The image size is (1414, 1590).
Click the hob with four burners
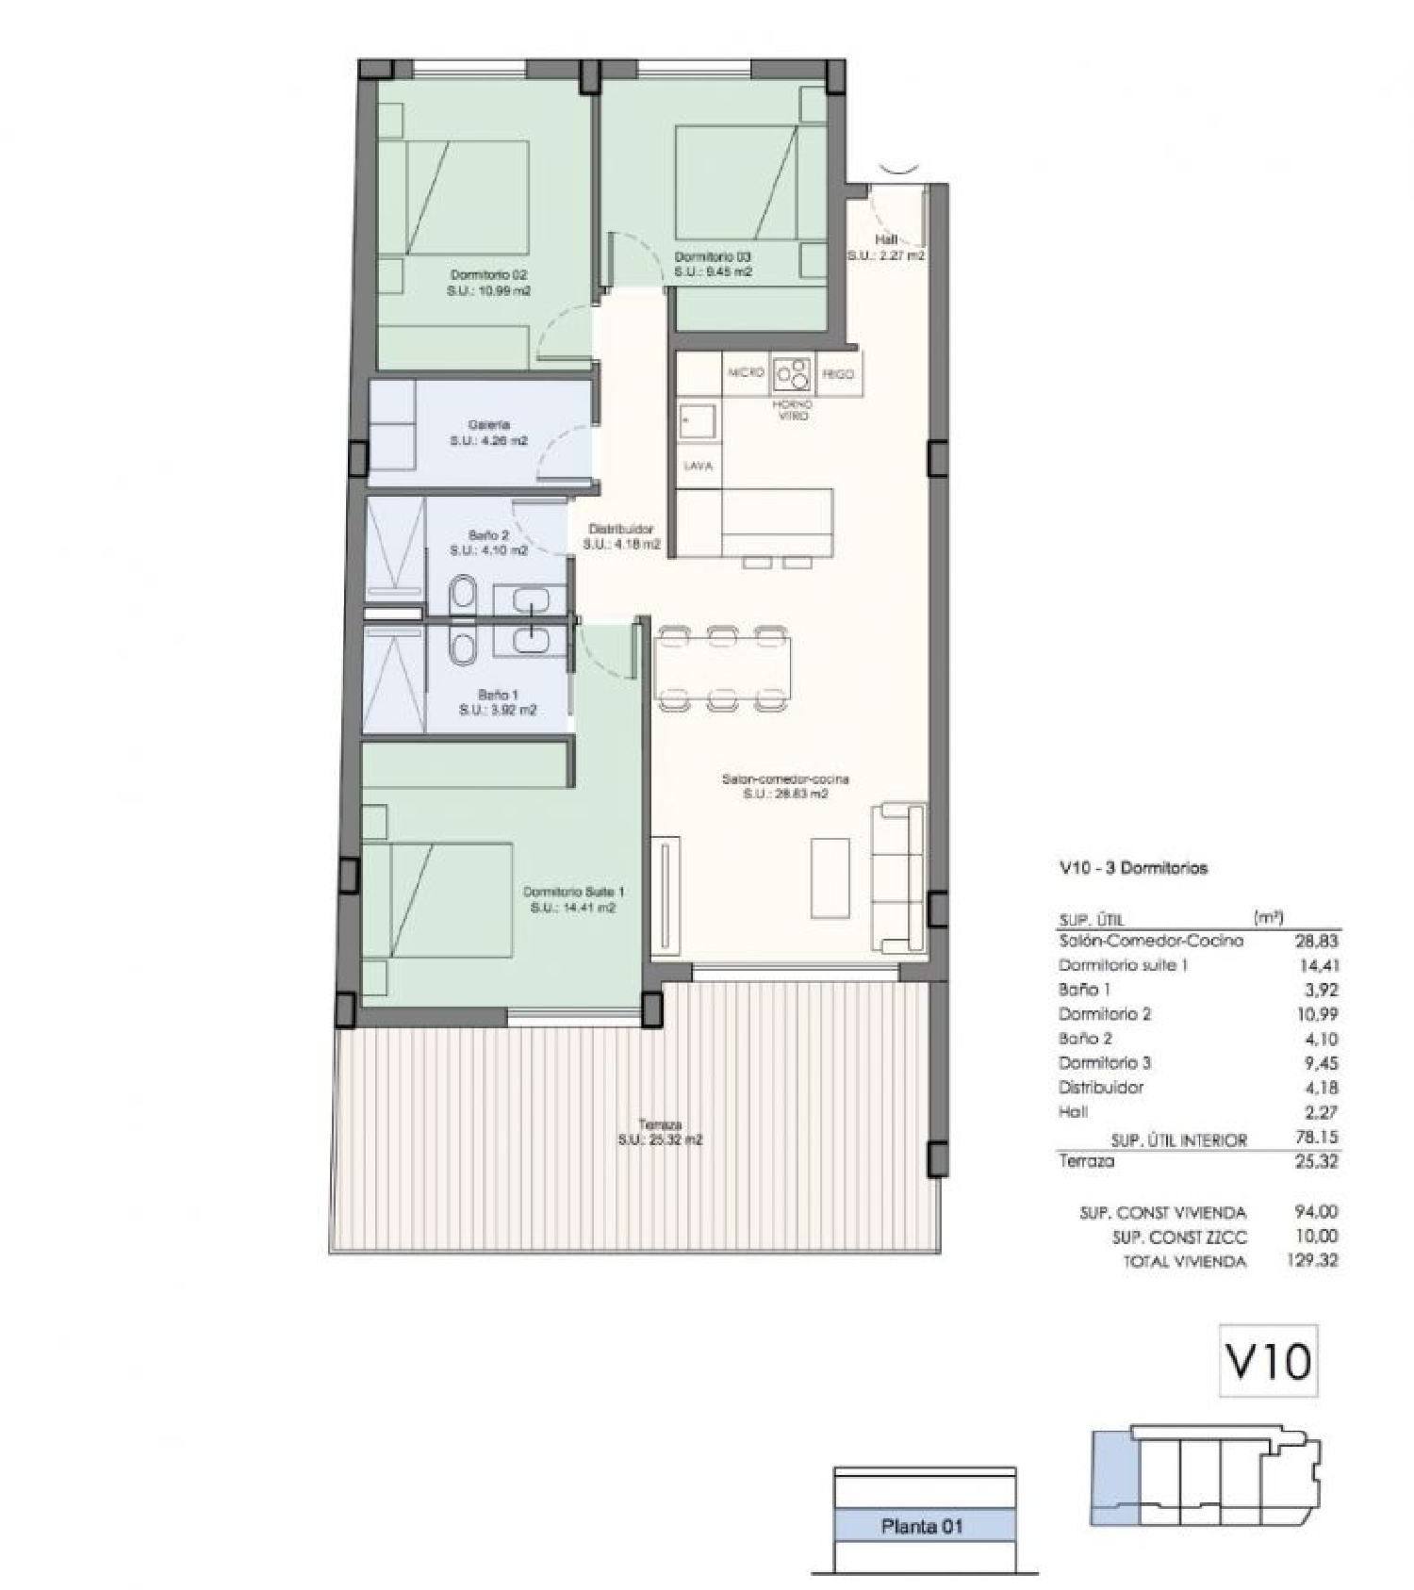792,374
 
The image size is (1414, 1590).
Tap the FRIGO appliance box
837,374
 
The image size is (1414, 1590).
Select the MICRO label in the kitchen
746,373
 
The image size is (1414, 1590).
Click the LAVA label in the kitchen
699,467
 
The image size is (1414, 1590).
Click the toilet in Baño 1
463,647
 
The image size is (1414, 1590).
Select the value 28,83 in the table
1316,941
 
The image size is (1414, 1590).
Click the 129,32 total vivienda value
1312,1260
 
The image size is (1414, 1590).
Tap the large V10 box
1268,1360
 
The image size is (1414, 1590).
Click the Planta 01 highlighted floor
923,1526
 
